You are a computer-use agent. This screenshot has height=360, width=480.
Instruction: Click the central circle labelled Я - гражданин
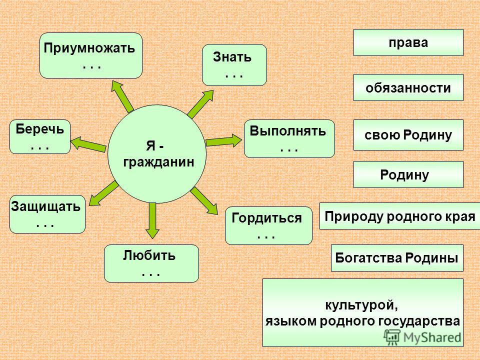point(157,154)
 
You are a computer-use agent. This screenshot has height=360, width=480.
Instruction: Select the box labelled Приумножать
point(91,55)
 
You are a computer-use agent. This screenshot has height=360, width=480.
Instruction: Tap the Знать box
point(234,65)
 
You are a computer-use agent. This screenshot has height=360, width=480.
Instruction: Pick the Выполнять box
point(289,138)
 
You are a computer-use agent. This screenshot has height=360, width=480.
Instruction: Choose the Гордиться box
point(269,225)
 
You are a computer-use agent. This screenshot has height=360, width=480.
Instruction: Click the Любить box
point(151,263)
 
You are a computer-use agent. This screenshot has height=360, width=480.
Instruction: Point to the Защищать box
point(47,214)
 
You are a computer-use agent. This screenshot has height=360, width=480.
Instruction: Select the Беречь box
point(40,136)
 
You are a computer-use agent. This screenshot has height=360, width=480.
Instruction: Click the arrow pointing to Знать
point(200,104)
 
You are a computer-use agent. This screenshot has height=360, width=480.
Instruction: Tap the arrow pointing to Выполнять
point(224,141)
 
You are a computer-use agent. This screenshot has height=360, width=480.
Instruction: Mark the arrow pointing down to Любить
point(152,220)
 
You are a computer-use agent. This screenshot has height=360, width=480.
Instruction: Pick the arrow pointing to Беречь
point(88,144)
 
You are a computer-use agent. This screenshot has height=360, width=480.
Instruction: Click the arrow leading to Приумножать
point(122,96)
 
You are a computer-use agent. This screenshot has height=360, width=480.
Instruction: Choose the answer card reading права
point(408,42)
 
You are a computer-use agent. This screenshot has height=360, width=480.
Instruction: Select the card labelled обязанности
point(408,87)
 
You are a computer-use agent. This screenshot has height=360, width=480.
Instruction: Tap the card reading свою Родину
point(408,135)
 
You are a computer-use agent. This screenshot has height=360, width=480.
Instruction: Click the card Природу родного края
point(400,216)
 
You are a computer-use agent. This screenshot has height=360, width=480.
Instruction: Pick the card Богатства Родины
point(397,258)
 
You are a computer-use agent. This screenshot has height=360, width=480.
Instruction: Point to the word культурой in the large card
point(361,305)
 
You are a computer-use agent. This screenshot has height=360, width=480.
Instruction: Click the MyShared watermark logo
point(422,337)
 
